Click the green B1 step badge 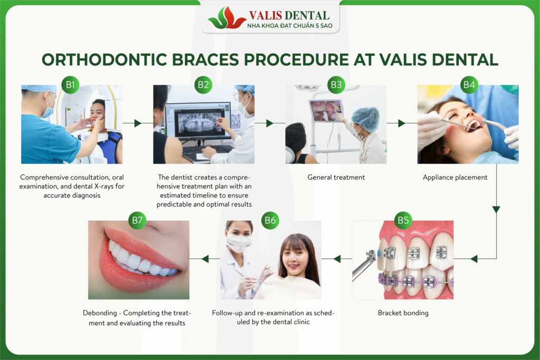pos(70,85)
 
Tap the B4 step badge pos(469,85)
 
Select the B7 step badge pos(137,220)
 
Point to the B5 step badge pos(403,220)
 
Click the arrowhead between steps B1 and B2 pos(138,123)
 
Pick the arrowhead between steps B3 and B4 pos(401,123)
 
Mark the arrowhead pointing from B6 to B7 pos(205,258)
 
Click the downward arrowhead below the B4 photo pos(496,209)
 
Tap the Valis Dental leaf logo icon pos(227,18)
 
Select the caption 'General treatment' pos(336,177)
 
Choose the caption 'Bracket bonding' pos(403,313)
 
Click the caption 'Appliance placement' pos(455,177)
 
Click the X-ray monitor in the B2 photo pos(199,121)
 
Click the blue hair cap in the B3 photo pos(365,118)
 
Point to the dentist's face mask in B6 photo pos(239,244)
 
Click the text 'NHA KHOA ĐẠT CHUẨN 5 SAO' pos(290,25)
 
